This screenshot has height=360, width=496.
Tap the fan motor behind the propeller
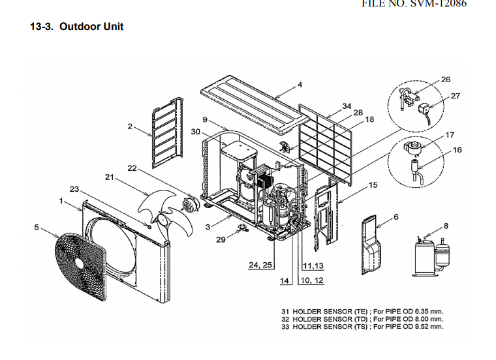pos(191,206)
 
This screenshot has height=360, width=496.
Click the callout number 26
pos(446,80)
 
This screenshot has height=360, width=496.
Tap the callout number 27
pos(456,96)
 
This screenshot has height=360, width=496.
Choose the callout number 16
pos(457,150)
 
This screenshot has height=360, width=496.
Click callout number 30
pos(195,132)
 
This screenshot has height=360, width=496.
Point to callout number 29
pos(221,240)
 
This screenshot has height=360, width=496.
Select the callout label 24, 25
pos(260,266)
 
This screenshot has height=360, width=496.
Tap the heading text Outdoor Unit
pos(91,27)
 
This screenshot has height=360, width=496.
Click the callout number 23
pos(74,189)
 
